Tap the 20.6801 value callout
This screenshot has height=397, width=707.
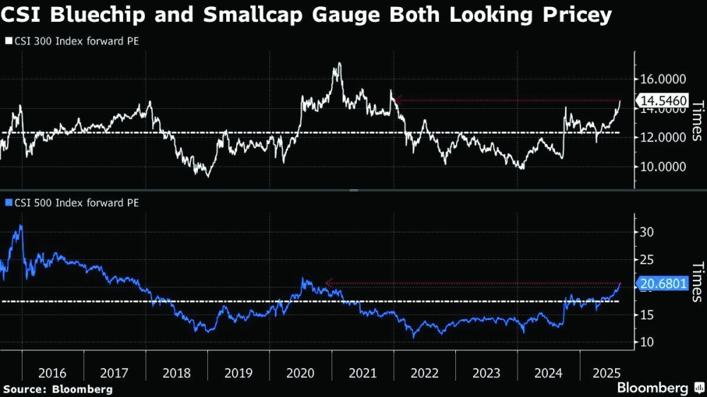[x=662, y=285]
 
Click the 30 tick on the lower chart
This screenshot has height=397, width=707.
[x=646, y=232]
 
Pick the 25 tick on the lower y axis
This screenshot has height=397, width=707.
[x=646, y=260]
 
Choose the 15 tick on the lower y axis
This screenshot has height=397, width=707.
[x=646, y=315]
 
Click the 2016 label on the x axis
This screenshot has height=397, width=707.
[x=52, y=372]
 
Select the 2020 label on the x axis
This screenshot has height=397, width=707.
[x=300, y=372]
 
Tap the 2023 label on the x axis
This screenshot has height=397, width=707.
[x=486, y=372]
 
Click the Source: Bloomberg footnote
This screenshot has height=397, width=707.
[x=58, y=389]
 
